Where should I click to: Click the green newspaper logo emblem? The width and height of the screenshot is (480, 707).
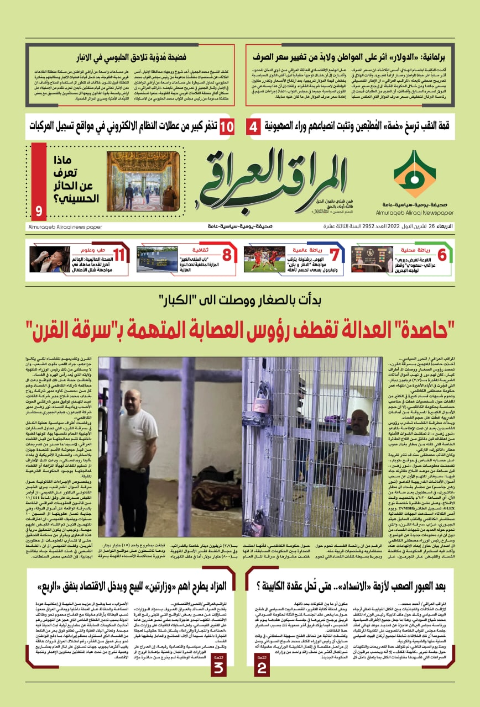(x=414, y=174)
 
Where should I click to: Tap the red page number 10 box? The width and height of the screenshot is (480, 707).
(x=227, y=127)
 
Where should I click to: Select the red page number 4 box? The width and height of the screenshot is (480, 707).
(x=253, y=127)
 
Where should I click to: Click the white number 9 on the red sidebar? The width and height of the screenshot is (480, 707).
(x=38, y=210)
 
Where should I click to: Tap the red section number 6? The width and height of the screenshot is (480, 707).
(x=441, y=255)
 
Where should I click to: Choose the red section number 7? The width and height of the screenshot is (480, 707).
(x=333, y=255)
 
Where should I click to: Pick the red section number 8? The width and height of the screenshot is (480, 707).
(x=226, y=255)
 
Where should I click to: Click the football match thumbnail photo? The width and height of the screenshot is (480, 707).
(x=264, y=259)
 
